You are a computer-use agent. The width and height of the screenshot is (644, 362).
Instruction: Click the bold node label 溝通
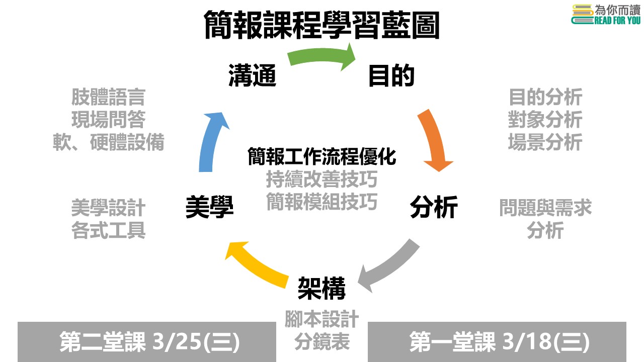(253, 75)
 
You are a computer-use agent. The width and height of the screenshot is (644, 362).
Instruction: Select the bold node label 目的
(391, 75)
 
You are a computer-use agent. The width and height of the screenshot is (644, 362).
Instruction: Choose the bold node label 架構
(321, 288)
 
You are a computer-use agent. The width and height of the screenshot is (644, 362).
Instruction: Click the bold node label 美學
(210, 207)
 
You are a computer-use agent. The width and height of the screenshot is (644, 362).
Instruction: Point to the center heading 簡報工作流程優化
(322, 157)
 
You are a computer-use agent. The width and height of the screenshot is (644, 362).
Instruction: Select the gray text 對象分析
(545, 120)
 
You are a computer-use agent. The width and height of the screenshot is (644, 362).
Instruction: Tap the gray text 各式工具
(108, 230)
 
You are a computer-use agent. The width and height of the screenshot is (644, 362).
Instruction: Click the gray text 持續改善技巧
(322, 179)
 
